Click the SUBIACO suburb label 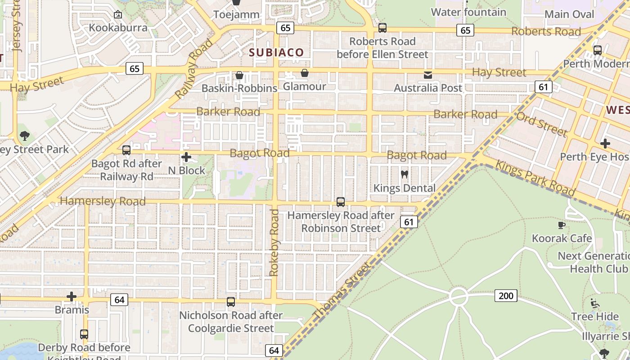(277, 52)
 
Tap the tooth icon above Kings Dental (404, 174)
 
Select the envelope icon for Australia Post (427, 75)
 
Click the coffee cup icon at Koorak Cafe (561, 225)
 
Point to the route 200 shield (506, 296)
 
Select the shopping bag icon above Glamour (305, 73)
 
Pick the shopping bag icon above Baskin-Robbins (239, 75)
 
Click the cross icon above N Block (186, 157)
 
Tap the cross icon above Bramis (72, 297)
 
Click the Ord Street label (541, 124)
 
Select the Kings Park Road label (535, 178)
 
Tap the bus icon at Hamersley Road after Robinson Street (341, 202)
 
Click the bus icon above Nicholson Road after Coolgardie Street (231, 302)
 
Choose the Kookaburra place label (118, 27)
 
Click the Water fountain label (468, 12)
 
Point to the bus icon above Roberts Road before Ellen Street (382, 28)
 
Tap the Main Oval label (569, 14)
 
